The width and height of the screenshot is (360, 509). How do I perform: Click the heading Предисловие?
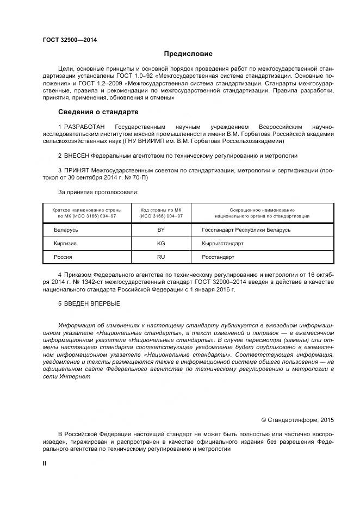tap(188, 54)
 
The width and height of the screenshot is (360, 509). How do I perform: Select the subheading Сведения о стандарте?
tap(98, 112)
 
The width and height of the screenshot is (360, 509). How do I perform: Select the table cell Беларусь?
tap(66, 230)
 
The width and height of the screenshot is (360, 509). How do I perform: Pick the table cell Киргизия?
tap(65, 244)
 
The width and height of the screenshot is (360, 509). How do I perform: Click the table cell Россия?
tap(63, 257)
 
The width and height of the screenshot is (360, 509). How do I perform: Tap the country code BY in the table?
tap(161, 230)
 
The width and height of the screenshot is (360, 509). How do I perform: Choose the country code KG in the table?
tap(161, 244)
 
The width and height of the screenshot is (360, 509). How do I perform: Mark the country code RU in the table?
tap(161, 257)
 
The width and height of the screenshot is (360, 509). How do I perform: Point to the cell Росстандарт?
tap(214, 257)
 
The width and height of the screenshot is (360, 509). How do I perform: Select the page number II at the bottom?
tap(45, 463)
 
